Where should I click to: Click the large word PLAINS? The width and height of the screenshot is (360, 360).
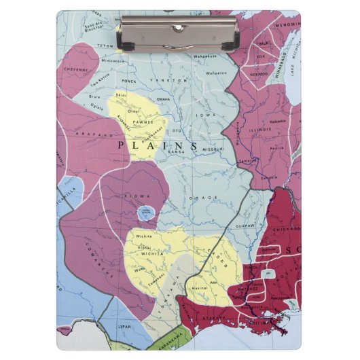[x=158, y=145]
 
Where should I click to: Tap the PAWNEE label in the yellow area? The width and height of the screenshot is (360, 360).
[x=140, y=122]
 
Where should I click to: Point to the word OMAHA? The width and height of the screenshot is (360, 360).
[x=163, y=99]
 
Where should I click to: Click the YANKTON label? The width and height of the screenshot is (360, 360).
[x=173, y=80]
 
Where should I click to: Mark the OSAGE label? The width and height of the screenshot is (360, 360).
[x=209, y=197]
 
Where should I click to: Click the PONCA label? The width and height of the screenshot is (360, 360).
[x=129, y=81]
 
